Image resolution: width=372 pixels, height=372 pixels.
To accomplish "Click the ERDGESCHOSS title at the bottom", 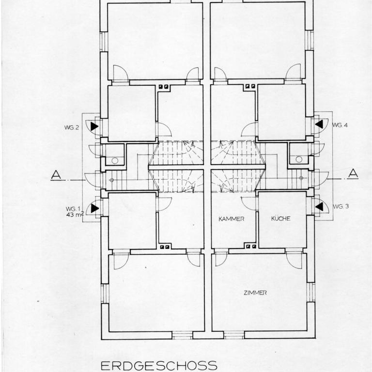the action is point(159,366).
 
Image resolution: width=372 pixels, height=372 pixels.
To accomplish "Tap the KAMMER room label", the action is point(232,219).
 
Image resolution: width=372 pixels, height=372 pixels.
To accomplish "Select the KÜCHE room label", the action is point(280,218).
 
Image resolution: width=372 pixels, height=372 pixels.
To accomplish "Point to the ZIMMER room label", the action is point(255,293).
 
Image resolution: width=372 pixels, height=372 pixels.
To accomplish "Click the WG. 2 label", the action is point(71,127).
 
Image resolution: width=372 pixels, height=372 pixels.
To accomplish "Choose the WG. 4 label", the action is point(340,125).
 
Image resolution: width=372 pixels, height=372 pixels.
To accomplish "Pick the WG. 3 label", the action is point(341,206).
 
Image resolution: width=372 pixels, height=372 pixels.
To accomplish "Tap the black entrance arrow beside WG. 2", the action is point(94,126).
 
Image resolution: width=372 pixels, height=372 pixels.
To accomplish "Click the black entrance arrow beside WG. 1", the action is point(95,208).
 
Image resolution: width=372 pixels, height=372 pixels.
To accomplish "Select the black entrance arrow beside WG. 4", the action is point(319,124).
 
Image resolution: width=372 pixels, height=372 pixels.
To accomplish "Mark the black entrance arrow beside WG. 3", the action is point(319,206).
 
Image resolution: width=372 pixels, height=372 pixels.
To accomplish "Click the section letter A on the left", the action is point(56,175).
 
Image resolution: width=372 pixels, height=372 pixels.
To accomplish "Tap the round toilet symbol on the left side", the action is point(115,161).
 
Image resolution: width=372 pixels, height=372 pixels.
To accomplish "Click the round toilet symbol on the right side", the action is point(299,159).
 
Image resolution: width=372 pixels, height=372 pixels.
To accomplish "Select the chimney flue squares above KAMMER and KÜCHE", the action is point(251,247).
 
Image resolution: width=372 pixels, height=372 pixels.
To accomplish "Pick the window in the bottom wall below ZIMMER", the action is point(234,335).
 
